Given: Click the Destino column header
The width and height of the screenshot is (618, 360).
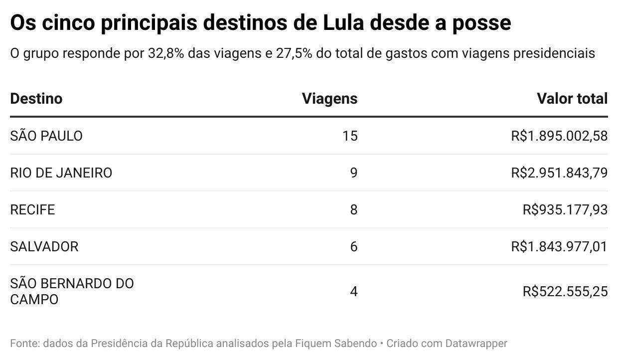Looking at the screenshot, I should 36,99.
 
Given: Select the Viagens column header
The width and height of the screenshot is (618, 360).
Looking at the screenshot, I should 329,99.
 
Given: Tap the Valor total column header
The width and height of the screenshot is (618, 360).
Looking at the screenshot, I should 572,99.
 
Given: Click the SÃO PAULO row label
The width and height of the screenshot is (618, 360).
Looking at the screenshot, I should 46,136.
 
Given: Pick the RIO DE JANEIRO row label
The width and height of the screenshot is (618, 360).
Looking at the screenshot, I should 61,173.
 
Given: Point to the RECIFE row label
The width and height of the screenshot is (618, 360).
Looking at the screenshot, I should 32,210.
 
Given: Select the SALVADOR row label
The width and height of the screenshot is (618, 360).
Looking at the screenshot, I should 44,247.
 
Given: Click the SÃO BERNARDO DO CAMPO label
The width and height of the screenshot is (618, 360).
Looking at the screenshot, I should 72,292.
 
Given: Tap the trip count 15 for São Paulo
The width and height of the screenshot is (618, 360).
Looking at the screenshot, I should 350,136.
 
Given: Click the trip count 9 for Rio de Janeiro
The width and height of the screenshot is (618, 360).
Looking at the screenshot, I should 353,173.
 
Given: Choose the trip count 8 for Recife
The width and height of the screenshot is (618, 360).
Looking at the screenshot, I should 353,210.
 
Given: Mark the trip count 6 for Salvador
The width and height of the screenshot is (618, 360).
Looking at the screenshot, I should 353,247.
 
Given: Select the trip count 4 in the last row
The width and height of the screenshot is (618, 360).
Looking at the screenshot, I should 353,292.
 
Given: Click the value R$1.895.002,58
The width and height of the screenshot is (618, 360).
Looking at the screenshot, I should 559,136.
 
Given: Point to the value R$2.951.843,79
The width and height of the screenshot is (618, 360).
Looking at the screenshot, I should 559,173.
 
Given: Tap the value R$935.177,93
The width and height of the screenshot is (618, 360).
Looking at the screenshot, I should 565,210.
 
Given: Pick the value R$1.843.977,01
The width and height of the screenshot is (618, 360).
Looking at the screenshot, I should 559,247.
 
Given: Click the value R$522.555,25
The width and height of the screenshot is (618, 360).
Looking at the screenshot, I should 565,292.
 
